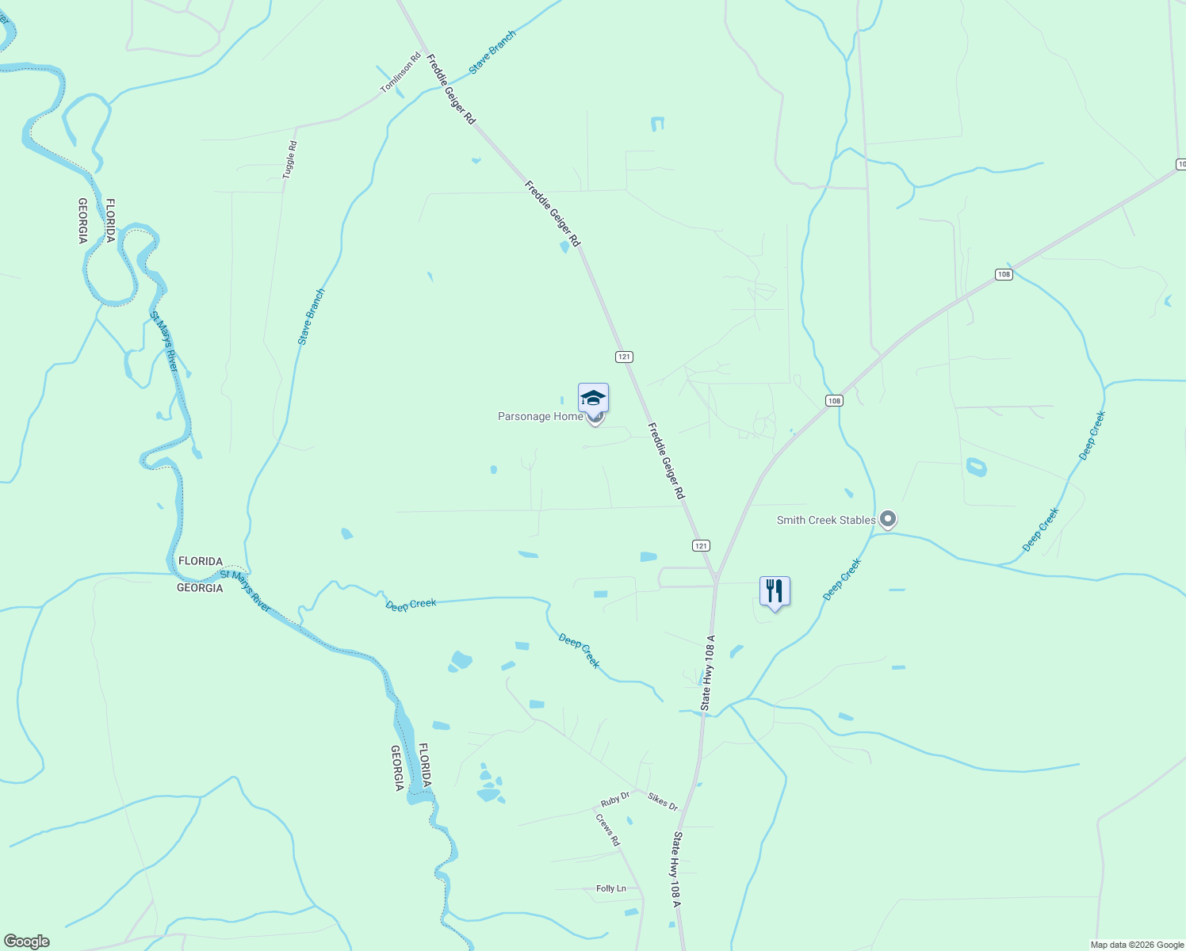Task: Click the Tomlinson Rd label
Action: (x=401, y=73)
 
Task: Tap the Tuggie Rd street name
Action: (x=291, y=158)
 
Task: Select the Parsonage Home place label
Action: (x=540, y=416)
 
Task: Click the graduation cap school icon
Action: (x=593, y=398)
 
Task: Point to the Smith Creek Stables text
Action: (x=826, y=520)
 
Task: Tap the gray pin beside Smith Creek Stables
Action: (x=888, y=520)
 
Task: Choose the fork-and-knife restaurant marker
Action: (x=775, y=591)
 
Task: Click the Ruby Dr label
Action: (x=615, y=799)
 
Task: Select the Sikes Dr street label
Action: (x=663, y=802)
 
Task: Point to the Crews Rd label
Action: (x=607, y=830)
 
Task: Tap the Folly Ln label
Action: (x=611, y=888)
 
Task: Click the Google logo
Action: (x=26, y=941)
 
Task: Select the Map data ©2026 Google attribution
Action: (x=1137, y=945)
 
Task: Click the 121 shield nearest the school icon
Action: (x=624, y=357)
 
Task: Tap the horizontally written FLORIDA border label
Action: (x=201, y=561)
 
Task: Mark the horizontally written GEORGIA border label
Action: (x=200, y=588)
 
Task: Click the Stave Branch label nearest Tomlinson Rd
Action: (x=492, y=52)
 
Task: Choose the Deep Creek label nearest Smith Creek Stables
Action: (x=842, y=579)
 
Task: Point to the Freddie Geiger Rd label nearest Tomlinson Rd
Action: (x=451, y=89)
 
